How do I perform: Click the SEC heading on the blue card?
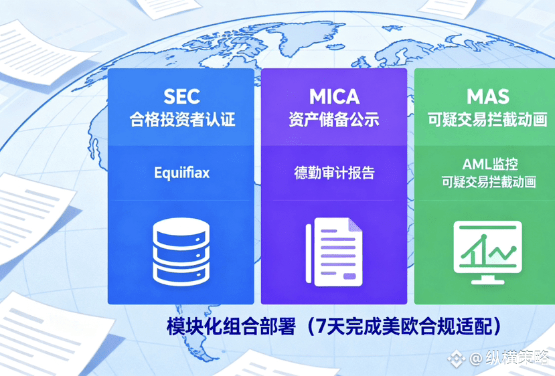(x=181, y=96)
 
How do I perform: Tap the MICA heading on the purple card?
(x=335, y=96)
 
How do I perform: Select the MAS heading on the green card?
(x=488, y=96)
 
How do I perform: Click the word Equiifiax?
(x=181, y=173)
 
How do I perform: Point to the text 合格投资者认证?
(x=182, y=119)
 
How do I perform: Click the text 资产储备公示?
(x=334, y=119)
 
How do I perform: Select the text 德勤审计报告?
(x=334, y=173)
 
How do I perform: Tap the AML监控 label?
(x=490, y=164)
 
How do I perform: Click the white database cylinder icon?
(x=181, y=252)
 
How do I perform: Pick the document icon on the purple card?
(x=334, y=252)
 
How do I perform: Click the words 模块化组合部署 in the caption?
(x=231, y=326)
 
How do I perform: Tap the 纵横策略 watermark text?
(x=517, y=358)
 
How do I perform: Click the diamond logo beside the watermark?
(x=456, y=359)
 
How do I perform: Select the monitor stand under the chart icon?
(x=487, y=280)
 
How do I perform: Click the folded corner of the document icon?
(x=355, y=225)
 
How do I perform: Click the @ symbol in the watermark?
(x=476, y=359)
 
